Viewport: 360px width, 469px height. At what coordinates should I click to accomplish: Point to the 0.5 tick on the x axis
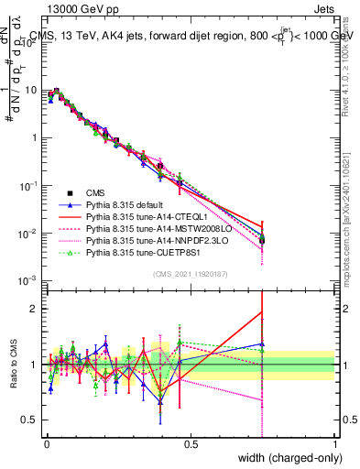click(x=191, y=443)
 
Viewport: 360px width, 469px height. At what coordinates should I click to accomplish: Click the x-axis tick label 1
click(x=334, y=443)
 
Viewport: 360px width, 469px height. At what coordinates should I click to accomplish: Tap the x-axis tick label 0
click(x=47, y=443)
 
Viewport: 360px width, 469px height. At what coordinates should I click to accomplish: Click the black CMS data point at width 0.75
click(x=263, y=240)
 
